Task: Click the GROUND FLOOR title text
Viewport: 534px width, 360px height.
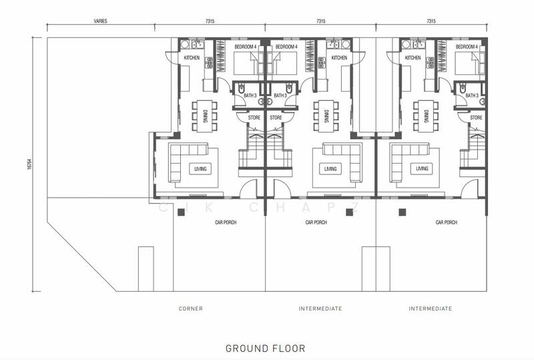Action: pos(265,349)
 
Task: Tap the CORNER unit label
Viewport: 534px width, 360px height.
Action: pos(191,309)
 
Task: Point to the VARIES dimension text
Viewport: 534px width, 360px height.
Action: pos(101,21)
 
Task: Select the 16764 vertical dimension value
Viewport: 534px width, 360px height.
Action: pos(29,164)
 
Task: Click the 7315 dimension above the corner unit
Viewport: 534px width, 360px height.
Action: pos(210,21)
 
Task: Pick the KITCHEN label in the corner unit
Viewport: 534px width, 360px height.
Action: pos(192,58)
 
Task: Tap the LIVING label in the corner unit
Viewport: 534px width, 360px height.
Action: pos(200,169)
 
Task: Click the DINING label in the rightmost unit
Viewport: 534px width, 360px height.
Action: pos(426,116)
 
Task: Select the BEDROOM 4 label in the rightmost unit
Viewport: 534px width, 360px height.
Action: pos(467,47)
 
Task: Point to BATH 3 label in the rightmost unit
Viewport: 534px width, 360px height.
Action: pos(472,96)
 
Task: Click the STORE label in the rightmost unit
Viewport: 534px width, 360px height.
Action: pos(476,118)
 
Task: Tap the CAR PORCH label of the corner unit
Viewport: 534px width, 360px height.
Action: pos(226,222)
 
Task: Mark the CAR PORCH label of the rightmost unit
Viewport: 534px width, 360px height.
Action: pos(447,222)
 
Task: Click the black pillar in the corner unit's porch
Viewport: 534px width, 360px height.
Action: pos(181,212)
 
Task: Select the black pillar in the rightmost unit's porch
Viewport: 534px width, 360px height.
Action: pos(403,212)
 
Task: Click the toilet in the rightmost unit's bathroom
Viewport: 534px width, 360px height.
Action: pos(463,88)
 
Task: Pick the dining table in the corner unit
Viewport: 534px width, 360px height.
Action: pos(204,116)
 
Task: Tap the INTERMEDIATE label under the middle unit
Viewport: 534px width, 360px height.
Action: pos(320,309)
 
